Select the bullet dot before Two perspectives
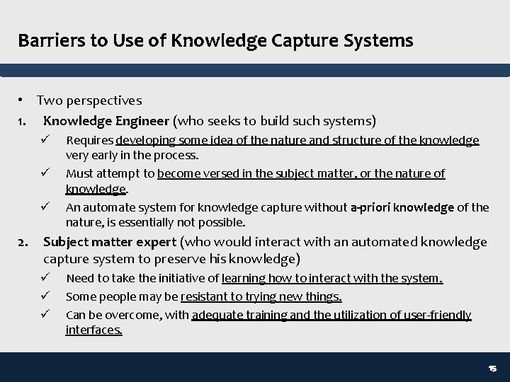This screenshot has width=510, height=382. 23,100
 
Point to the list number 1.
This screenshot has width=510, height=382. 22,121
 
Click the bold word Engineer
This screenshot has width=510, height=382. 141,121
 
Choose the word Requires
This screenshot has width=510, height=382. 90,141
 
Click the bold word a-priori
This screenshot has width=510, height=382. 370,207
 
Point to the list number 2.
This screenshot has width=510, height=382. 23,243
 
